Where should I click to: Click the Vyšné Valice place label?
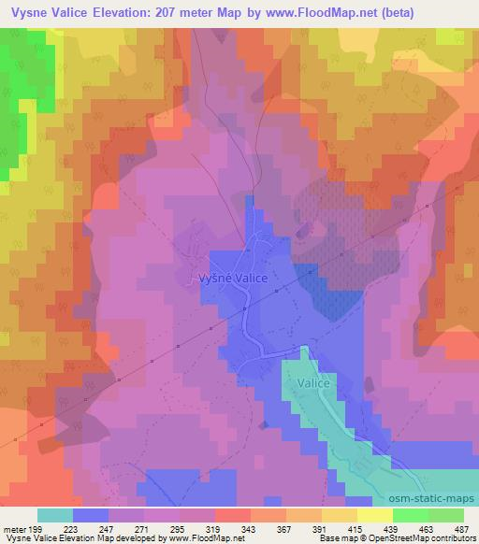tap(234, 278)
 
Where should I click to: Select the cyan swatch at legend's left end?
tap(55, 515)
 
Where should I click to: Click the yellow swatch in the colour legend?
tap(375, 515)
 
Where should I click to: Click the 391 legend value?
tap(319, 528)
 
